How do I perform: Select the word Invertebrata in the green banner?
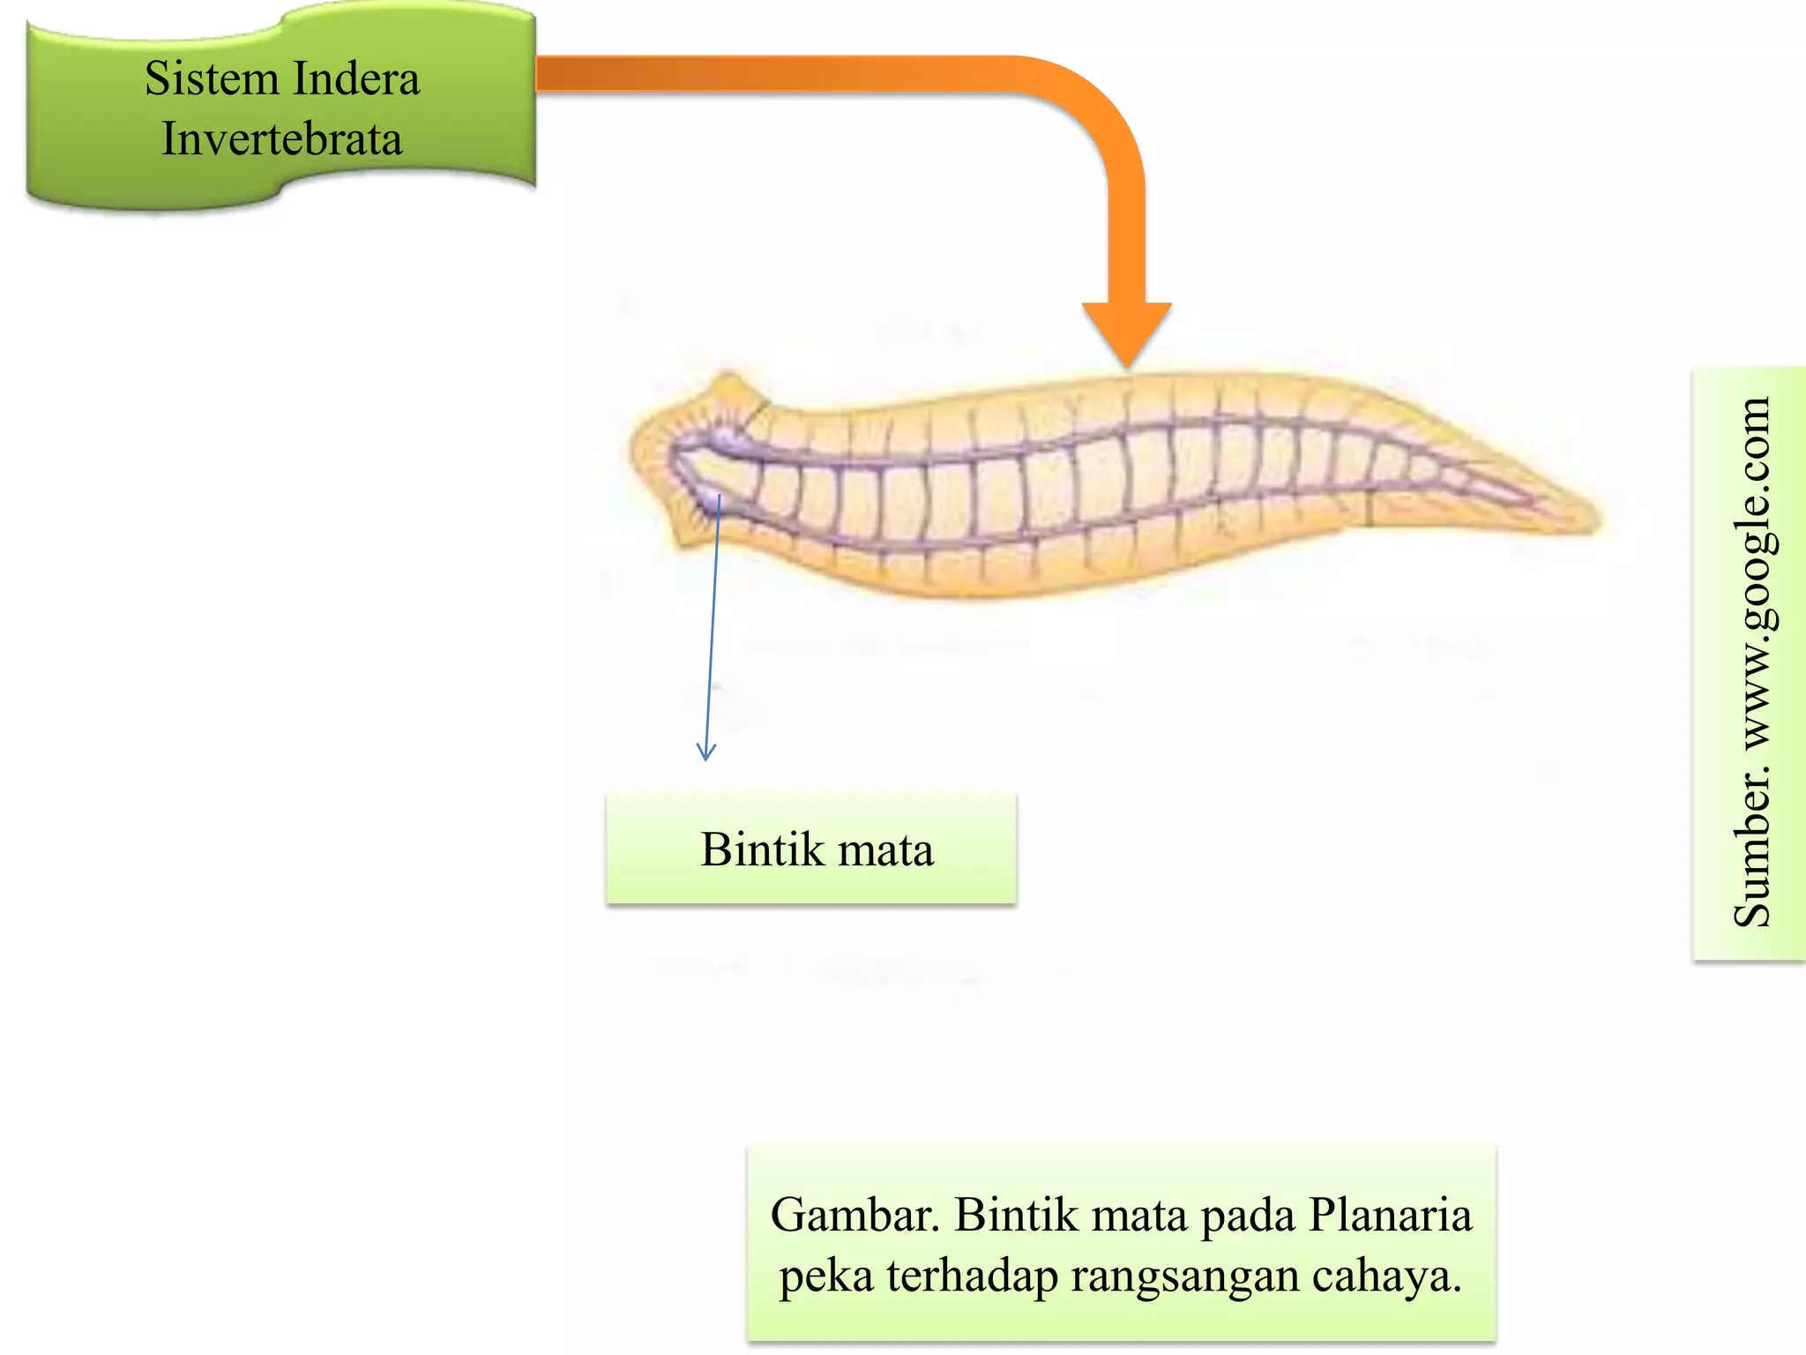(282, 139)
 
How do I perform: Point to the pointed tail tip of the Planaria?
(1596, 520)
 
